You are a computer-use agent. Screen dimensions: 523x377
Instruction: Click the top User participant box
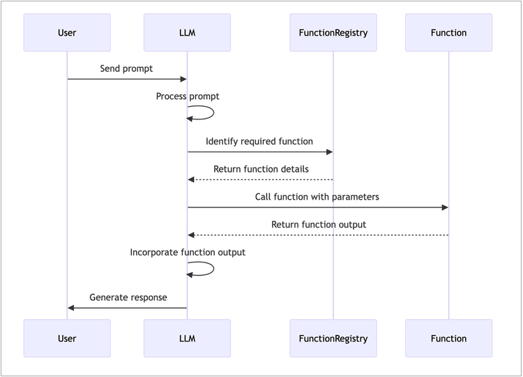tap(67, 32)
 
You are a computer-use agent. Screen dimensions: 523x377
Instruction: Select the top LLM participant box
tap(187, 32)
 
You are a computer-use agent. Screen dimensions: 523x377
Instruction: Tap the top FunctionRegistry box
tap(333, 32)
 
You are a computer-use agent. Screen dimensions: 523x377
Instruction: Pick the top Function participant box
tap(448, 32)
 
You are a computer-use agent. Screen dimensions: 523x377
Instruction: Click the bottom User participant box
tap(67, 339)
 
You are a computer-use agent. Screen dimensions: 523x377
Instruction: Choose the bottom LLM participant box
tap(187, 339)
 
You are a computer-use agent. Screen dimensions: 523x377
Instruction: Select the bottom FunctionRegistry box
tap(333, 339)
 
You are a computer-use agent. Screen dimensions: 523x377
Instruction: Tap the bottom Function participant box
tap(448, 339)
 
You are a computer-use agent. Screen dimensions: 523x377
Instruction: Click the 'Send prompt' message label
tap(126, 69)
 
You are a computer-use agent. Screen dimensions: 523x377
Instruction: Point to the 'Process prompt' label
tap(188, 96)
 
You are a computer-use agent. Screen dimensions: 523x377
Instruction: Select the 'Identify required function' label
tap(259, 142)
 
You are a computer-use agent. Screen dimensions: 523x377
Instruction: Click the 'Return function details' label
tap(261, 169)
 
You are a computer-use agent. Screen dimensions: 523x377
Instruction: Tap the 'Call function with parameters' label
tap(317, 197)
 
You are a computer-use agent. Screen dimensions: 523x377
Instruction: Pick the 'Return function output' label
tap(319, 225)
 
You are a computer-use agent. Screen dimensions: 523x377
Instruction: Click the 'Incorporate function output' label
tap(188, 253)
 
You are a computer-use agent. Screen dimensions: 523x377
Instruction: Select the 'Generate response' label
tap(128, 297)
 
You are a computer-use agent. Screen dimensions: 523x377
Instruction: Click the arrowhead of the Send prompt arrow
tap(183, 79)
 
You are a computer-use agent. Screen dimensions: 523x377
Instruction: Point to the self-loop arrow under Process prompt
tap(213, 112)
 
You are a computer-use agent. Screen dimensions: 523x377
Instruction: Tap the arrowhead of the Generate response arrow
tap(70, 308)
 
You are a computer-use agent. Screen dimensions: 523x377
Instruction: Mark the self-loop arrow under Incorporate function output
tap(213, 269)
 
